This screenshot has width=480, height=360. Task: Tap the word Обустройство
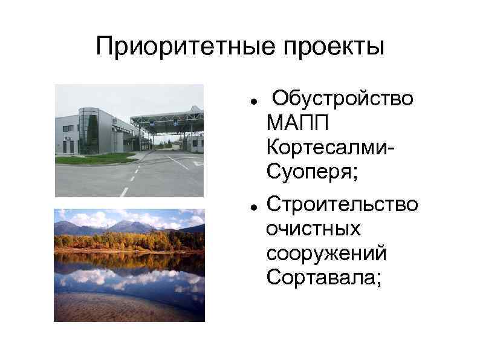click(x=343, y=98)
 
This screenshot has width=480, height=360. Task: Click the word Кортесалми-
click(x=330, y=148)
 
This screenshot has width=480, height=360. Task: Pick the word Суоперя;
click(x=311, y=174)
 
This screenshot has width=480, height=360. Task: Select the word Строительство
click(x=342, y=204)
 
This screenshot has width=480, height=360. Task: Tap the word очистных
click(x=313, y=229)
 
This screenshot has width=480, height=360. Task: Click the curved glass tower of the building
click(x=89, y=130)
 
